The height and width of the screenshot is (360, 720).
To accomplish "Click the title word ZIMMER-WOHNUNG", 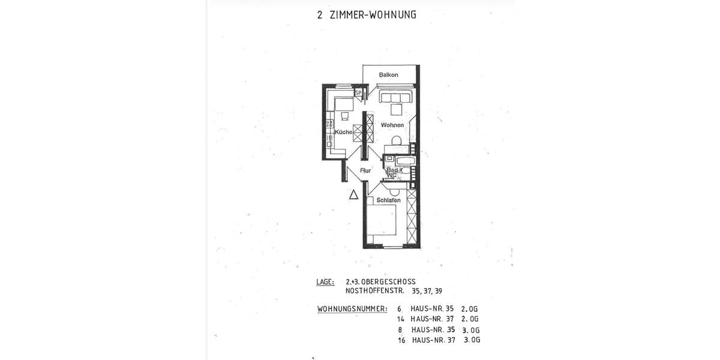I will pos(373,14).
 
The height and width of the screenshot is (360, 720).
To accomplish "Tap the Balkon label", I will pos(389,75).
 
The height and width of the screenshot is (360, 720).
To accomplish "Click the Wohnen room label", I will pos(392,125).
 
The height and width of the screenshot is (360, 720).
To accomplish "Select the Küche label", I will pos(343,132).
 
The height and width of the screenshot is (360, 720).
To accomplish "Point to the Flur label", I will pos(365,171).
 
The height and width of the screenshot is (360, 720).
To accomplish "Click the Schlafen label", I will pos(388,200).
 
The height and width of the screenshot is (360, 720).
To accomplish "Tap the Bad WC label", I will pos(392,173).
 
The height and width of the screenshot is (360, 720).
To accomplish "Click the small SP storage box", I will pos(358,93).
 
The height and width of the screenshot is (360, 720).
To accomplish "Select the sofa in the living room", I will pos(395,97).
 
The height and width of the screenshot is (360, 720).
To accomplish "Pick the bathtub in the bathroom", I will pos(400,160).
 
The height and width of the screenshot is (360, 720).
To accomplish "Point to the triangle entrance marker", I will pos(354,194).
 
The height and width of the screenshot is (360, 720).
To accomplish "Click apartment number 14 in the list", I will pos(401,319).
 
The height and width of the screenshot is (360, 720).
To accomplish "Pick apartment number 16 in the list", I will pos(401,340).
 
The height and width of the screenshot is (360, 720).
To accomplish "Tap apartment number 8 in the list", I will pos(400,329).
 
